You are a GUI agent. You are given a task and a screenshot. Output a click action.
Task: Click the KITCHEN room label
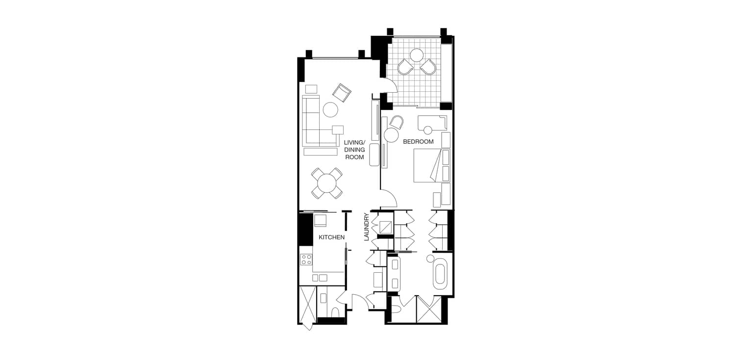(331, 237)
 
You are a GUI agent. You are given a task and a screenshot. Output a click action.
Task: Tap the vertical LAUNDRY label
(366, 227)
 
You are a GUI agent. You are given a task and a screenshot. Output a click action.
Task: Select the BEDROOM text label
(418, 142)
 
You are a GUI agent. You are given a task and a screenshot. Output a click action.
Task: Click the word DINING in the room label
(354, 150)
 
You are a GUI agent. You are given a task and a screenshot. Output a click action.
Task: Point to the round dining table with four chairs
(327, 183)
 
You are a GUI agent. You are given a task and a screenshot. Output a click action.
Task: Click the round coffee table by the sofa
(330, 109)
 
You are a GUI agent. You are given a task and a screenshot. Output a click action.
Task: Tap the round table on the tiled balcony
(417, 55)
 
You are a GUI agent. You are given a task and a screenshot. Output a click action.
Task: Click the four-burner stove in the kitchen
(72, 259)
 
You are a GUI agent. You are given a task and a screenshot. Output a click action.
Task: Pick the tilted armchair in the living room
(342, 93)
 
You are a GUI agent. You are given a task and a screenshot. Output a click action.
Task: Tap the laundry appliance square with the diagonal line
(385, 227)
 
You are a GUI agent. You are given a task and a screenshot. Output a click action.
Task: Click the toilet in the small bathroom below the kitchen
(335, 312)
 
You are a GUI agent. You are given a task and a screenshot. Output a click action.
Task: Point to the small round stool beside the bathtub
(430, 258)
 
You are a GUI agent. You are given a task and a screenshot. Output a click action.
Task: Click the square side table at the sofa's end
(338, 130)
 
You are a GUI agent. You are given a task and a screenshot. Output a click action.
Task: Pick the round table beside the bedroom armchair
(391, 135)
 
